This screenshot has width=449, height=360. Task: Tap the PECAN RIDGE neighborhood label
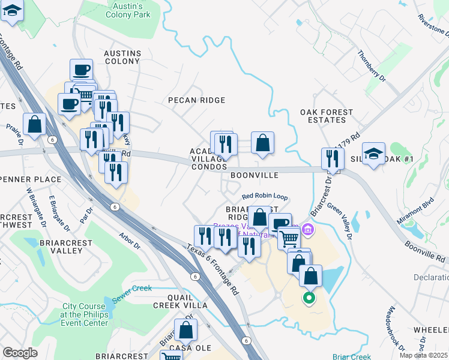pos(196,100)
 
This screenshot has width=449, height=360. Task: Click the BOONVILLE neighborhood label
pos(255,175)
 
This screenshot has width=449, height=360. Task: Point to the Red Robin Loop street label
pos(265,196)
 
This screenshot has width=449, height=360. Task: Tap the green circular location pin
pos(309,296)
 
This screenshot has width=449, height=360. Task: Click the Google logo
pos(20,353)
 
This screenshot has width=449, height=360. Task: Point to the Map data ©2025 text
pos(424,355)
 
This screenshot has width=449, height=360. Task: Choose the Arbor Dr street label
pos(130,241)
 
